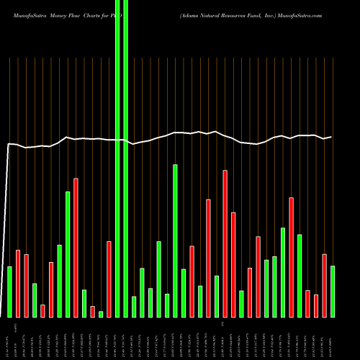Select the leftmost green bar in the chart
point(9,292)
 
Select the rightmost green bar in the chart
point(333,292)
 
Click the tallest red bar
point(76,248)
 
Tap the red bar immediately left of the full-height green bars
point(109,279)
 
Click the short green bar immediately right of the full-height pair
point(134,307)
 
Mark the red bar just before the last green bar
point(325,286)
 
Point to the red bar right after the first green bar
point(18,284)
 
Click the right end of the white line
point(331,137)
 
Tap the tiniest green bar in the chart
point(101,314)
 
